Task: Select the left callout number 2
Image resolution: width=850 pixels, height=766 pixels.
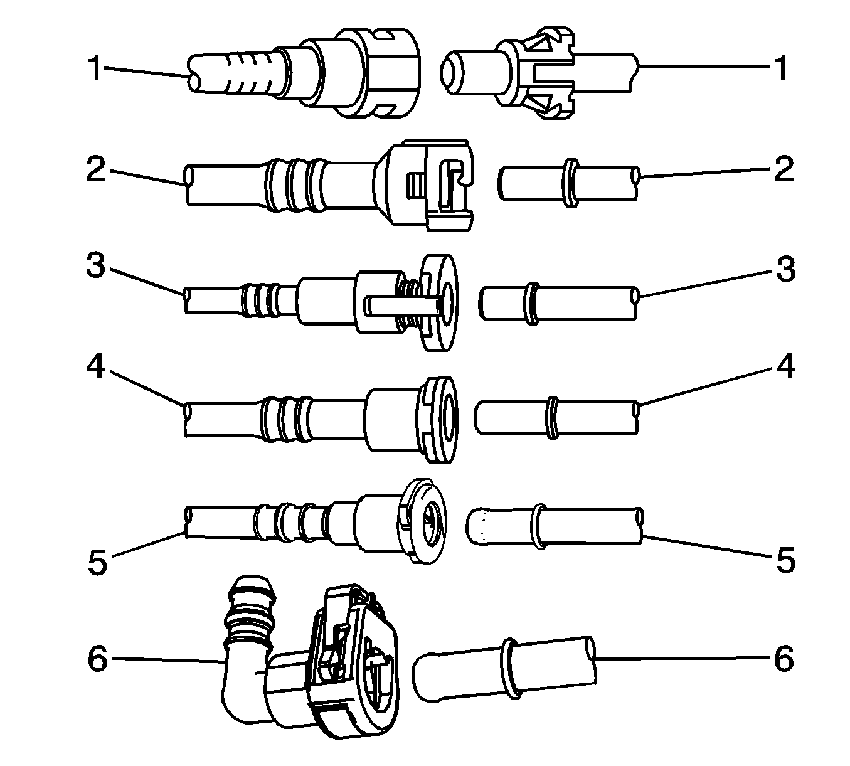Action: [x=96, y=169]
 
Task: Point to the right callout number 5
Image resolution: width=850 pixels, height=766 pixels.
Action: [x=786, y=560]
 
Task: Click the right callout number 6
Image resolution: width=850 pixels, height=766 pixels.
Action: [x=784, y=658]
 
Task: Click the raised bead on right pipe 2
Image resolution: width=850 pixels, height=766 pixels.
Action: [x=571, y=183]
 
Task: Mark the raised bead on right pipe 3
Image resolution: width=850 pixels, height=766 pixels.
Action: [x=533, y=304]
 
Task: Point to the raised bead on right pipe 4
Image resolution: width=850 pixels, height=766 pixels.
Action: [x=552, y=417]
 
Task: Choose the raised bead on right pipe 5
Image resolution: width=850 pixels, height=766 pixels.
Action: [x=539, y=526]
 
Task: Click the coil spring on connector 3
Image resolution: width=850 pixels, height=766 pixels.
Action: [x=408, y=304]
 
